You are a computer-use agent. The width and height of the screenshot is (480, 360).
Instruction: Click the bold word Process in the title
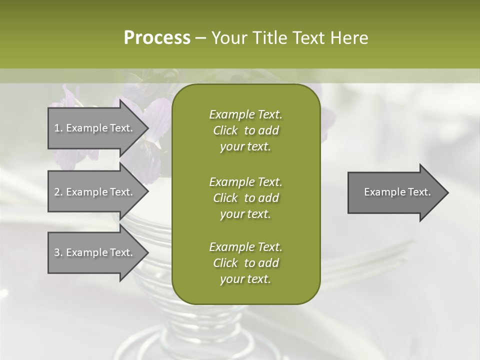(x=157, y=38)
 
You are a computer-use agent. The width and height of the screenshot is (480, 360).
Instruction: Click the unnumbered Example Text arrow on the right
(x=397, y=192)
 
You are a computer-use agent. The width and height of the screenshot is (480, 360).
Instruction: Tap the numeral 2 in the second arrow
(x=57, y=192)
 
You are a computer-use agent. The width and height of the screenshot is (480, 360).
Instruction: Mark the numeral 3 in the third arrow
(x=57, y=252)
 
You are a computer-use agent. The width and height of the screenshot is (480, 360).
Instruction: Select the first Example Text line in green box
(x=245, y=114)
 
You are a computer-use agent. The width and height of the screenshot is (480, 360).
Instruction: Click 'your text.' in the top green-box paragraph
(x=245, y=146)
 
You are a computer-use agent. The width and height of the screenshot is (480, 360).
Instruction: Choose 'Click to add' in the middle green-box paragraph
(x=245, y=198)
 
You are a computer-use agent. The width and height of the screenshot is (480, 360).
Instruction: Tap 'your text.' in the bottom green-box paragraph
(x=245, y=279)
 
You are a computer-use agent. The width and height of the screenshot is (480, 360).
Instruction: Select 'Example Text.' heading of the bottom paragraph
(x=245, y=247)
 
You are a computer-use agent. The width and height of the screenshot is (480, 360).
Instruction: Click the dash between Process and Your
(x=201, y=38)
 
